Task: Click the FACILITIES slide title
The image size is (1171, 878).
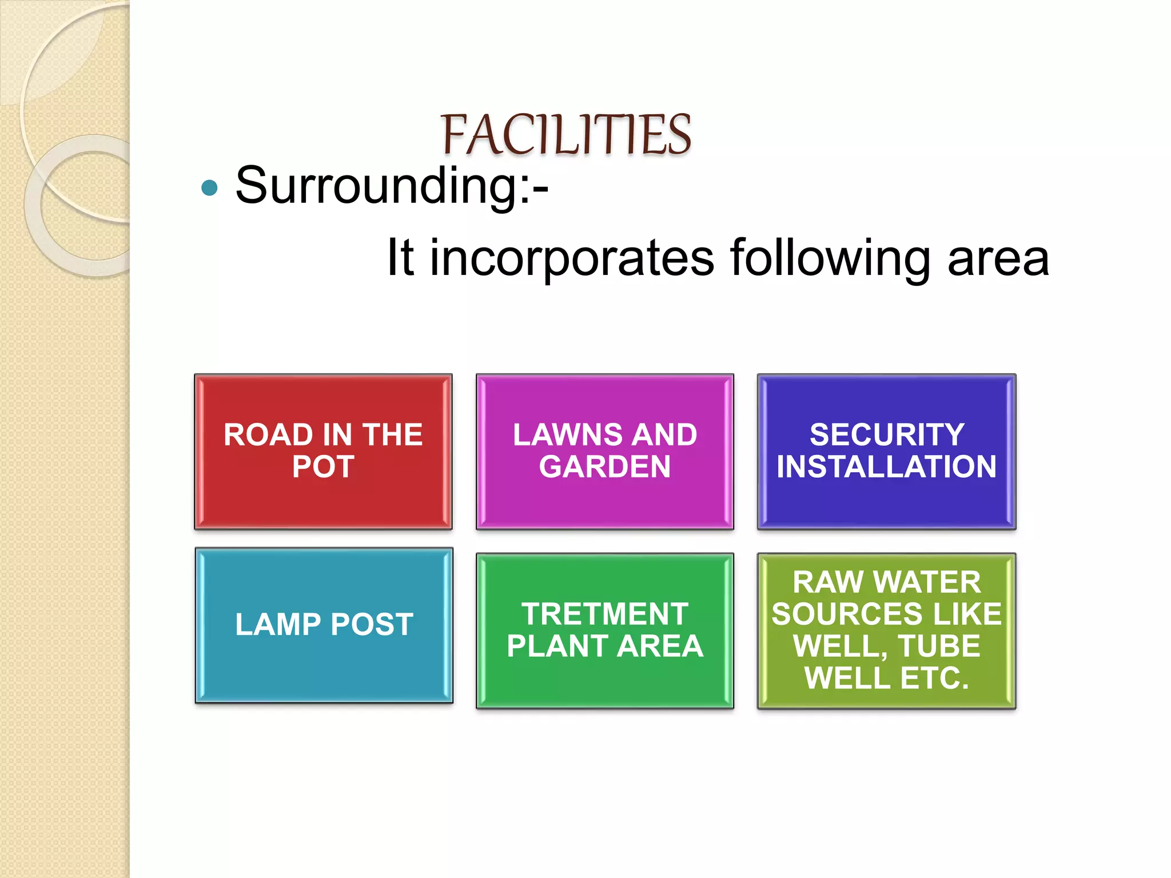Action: (565, 135)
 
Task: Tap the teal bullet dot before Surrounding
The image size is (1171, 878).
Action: (210, 187)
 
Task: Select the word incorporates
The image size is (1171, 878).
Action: (572, 258)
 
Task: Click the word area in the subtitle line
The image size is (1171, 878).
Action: (998, 258)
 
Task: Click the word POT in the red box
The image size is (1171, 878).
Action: (323, 466)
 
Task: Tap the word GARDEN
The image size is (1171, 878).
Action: (604, 466)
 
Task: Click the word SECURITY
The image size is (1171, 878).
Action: (886, 434)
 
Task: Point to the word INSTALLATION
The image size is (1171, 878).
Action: (886, 466)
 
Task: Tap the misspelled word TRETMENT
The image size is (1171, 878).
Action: (604, 614)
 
